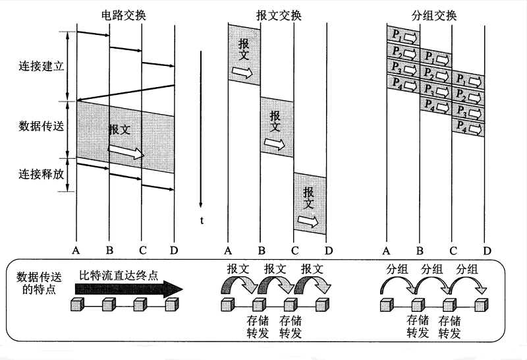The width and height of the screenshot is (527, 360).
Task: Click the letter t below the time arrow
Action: click(x=202, y=220)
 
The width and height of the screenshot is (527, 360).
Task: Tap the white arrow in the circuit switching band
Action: click(x=126, y=152)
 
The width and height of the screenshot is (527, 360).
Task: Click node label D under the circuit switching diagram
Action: click(x=174, y=251)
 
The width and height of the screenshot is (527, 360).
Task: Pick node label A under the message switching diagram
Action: click(x=229, y=251)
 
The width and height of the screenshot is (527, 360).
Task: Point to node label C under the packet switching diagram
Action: click(x=453, y=251)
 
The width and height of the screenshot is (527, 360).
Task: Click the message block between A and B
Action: click(x=244, y=53)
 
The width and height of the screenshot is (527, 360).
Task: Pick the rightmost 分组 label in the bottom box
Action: click(x=468, y=269)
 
